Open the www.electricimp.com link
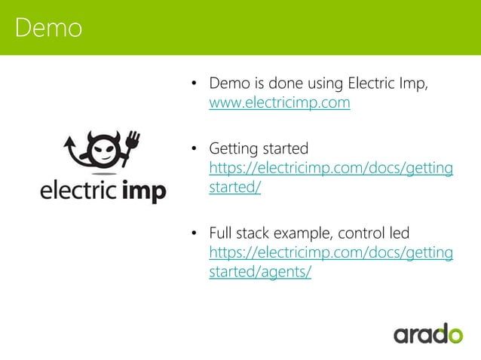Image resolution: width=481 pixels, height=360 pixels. click(279, 103)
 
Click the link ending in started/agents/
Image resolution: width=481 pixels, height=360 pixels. click(259, 272)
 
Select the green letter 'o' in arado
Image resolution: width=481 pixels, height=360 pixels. click(453, 333)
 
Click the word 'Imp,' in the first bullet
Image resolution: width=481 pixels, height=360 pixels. click(415, 83)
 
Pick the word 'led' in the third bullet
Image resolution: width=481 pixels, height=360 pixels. click(398, 232)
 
